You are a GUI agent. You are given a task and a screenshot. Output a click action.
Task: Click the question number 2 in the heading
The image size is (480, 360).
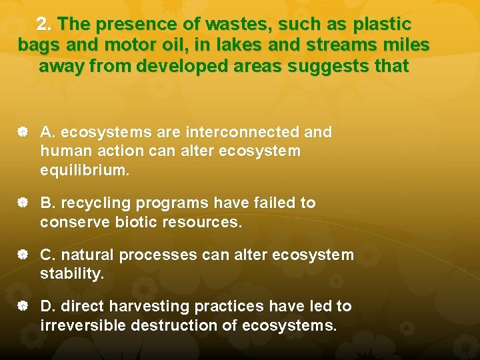coord(43,25)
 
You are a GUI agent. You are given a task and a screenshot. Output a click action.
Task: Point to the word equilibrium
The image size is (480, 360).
coord(85,170)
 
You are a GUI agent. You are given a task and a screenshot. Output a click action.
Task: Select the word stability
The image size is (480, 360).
coord(72,273)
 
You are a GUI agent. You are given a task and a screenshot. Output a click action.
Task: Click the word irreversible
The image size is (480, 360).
coord(83,325)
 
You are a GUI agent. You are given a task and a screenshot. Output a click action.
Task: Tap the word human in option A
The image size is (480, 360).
coord(65,151)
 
